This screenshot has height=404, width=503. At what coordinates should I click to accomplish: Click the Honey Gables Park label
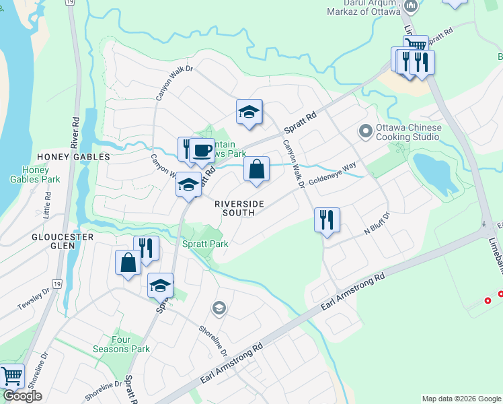(x=35, y=174)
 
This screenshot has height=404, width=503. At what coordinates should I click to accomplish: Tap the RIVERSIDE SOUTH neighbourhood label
(x=235, y=208)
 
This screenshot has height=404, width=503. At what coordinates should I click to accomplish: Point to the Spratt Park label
(x=205, y=244)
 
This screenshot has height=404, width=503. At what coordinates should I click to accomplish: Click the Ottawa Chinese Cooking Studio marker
(x=366, y=131)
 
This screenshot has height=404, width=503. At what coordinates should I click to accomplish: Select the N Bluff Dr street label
(x=377, y=223)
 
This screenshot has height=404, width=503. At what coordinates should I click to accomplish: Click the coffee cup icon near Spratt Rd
(x=201, y=150)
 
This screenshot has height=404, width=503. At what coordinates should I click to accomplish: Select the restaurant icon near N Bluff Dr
(x=327, y=220)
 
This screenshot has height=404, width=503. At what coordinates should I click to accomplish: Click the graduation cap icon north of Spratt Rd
(x=249, y=112)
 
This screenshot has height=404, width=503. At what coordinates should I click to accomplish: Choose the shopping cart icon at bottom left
(x=11, y=376)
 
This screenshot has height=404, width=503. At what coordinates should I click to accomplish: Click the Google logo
(x=22, y=396)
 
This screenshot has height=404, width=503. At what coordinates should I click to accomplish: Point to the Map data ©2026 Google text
(x=461, y=399)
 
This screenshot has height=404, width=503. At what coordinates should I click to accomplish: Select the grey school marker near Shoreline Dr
(x=219, y=309)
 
